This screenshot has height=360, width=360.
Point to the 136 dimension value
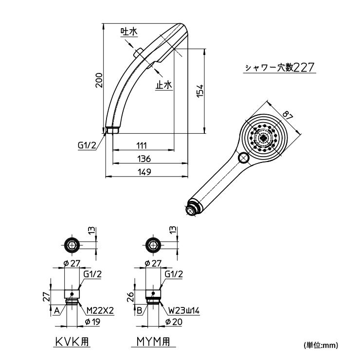pyautogui.click(x=144, y=159)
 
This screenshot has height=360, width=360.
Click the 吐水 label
pyautogui.click(x=129, y=32)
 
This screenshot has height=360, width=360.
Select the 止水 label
pyautogui.click(x=164, y=85)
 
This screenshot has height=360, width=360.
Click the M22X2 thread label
pyautogui.click(x=100, y=310)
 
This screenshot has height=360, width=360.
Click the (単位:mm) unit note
pyautogui.click(x=320, y=345)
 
